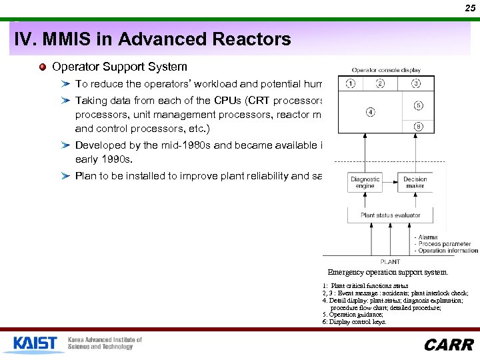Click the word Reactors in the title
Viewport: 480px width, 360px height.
255,39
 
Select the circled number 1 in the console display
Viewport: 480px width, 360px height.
351,83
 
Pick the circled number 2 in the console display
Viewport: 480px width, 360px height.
380,83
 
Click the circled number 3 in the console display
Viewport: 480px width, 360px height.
416,83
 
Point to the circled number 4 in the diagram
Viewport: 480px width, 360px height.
369,111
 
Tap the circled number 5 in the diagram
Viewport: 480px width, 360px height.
418,105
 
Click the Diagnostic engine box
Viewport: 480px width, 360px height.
365,183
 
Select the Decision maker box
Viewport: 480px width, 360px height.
415,183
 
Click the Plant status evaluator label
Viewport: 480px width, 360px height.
391,215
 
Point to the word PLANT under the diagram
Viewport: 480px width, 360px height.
390,262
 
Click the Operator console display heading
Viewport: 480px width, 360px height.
386,70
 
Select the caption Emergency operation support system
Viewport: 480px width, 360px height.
388,272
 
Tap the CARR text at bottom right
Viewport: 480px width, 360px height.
449,345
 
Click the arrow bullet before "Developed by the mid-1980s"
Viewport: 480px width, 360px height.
65,145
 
